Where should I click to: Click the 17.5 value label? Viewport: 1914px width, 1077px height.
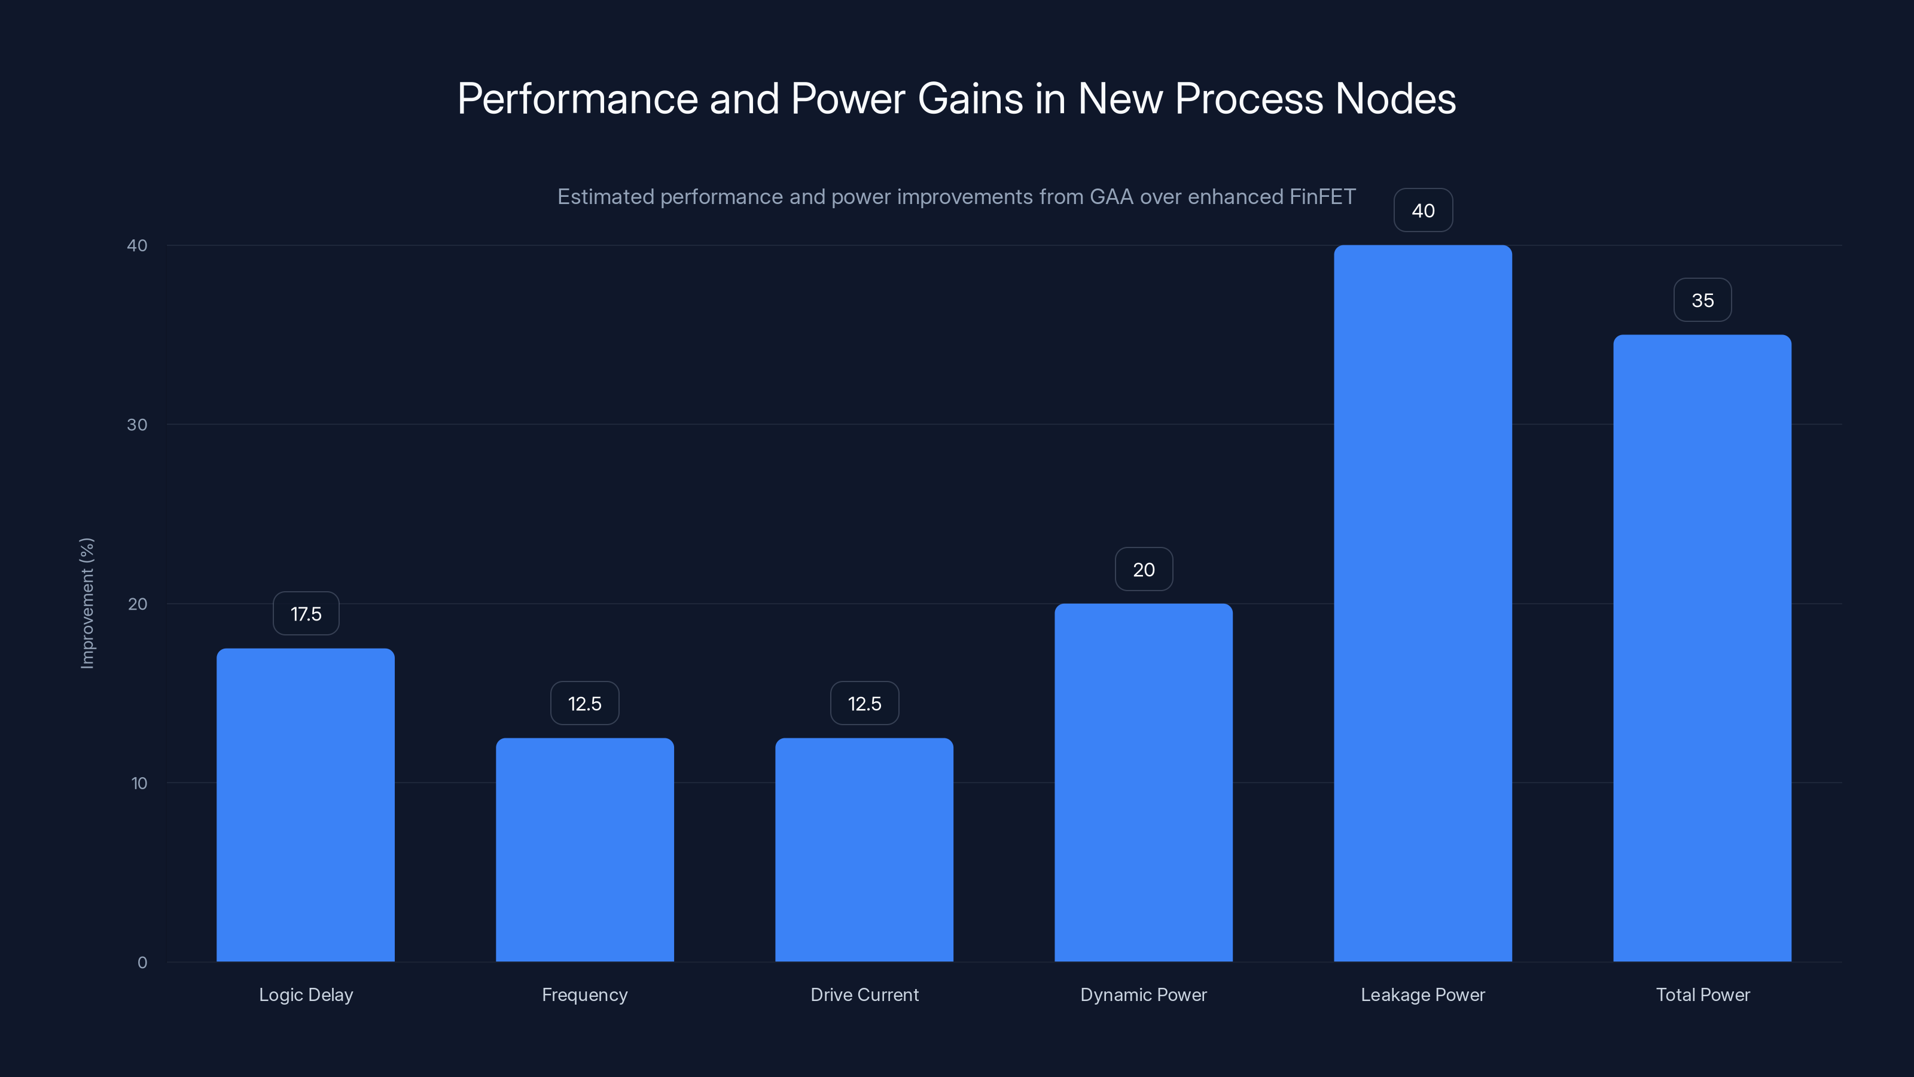tap(306, 614)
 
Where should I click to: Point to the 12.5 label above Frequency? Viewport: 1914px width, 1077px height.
tap(585, 703)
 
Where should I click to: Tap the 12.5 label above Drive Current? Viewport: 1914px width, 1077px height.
tap(864, 703)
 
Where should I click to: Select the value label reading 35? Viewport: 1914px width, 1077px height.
tap(1702, 300)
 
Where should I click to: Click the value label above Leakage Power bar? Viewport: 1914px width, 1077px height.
tap(1423, 211)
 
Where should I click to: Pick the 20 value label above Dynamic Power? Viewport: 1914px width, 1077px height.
tap(1144, 570)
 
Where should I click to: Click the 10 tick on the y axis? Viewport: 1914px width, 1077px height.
tap(139, 783)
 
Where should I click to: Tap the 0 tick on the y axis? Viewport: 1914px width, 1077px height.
tap(142, 963)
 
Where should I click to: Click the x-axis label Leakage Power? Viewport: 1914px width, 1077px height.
tap(1423, 994)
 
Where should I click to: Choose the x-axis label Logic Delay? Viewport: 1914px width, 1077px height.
tap(306, 994)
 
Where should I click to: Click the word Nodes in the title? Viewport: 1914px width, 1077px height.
tap(1395, 99)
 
